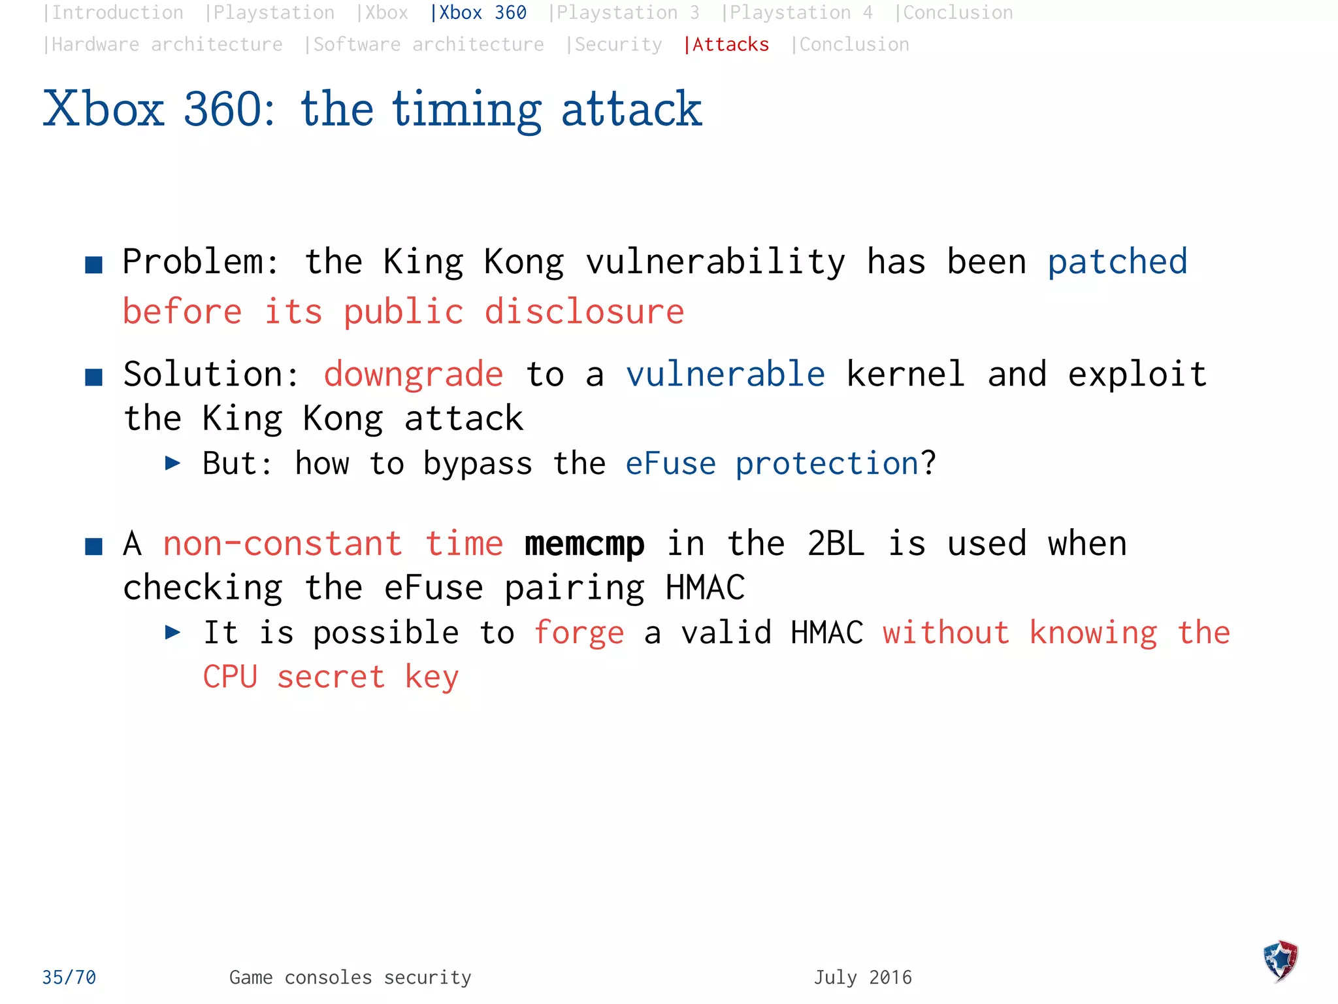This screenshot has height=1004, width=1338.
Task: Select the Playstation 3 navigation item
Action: [626, 13]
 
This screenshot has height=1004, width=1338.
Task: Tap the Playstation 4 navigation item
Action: [799, 13]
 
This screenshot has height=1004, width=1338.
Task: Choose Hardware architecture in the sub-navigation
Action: [165, 44]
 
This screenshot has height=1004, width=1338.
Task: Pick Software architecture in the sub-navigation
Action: [426, 44]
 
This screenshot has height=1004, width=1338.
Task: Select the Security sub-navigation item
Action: [615, 44]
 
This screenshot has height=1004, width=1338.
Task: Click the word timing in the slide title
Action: [466, 110]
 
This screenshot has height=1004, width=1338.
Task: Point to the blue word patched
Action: [1117, 263]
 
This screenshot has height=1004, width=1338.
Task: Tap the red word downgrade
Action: [414, 375]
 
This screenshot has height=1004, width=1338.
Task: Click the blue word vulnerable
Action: [725, 375]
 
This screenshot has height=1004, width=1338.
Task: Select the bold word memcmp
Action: [584, 544]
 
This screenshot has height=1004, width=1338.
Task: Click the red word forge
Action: [579, 633]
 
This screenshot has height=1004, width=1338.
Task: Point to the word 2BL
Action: [836, 544]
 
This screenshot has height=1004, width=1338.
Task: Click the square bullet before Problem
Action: [94, 265]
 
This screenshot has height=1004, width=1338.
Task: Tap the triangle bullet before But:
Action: [172, 464]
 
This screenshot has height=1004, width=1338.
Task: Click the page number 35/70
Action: [69, 977]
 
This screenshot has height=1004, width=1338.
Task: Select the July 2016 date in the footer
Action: [862, 977]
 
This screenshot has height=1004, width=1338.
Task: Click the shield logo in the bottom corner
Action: [1281, 960]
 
